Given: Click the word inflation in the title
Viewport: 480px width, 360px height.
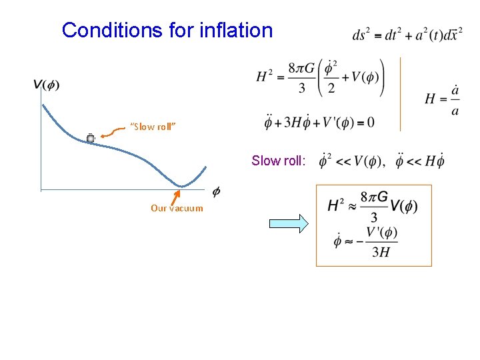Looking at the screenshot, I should tap(236, 30).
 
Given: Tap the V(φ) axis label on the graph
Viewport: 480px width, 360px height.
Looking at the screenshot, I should tap(46, 85).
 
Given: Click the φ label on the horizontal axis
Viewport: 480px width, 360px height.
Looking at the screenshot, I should tap(216, 192).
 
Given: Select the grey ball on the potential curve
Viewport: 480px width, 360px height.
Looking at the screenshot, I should tap(91, 138).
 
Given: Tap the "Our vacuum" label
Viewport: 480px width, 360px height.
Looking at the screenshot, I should tap(177, 208).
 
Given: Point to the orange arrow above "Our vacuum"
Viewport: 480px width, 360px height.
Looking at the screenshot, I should tap(175, 197).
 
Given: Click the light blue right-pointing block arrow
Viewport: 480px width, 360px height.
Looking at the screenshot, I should tap(289, 224).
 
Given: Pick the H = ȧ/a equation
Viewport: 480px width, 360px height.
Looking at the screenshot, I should tap(442, 99).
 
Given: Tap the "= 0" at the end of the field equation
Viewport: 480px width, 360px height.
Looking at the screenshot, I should tap(365, 123).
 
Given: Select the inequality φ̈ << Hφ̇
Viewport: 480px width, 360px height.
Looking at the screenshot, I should tap(419, 161).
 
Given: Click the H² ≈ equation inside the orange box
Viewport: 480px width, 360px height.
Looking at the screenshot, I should tap(373, 207).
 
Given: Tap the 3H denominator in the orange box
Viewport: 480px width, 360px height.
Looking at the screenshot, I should tap(381, 251).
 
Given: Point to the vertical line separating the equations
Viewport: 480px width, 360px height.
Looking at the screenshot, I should tap(400, 93).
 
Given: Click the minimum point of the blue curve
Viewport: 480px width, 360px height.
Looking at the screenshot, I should tap(181, 185).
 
